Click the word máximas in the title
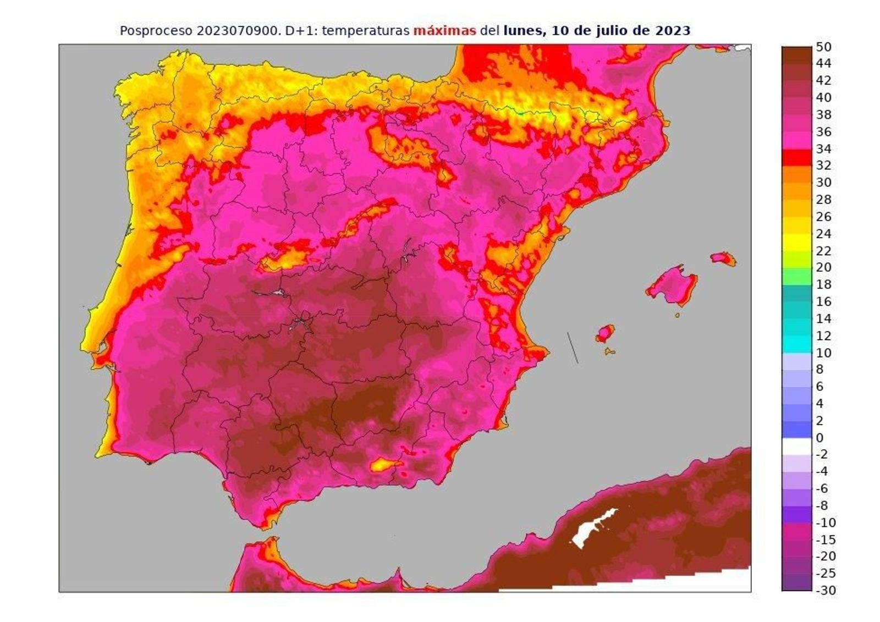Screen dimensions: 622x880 click(x=444, y=31)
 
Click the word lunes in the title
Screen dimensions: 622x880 click(x=522, y=31)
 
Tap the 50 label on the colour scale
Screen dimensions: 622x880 click(x=823, y=47)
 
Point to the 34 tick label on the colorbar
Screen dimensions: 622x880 click(x=823, y=148)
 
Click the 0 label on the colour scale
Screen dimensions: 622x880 click(x=820, y=438)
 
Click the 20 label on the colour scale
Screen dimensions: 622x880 click(x=823, y=267)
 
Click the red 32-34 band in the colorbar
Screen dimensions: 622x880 click(x=796, y=157)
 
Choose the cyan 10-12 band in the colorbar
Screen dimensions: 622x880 click(x=796, y=344)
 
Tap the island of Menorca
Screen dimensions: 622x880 click(x=723, y=258)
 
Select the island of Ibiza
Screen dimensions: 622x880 click(x=605, y=333)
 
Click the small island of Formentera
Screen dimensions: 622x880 click(x=609, y=351)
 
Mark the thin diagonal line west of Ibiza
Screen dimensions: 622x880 click(x=573, y=348)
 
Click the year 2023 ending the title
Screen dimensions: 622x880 click(x=673, y=31)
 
